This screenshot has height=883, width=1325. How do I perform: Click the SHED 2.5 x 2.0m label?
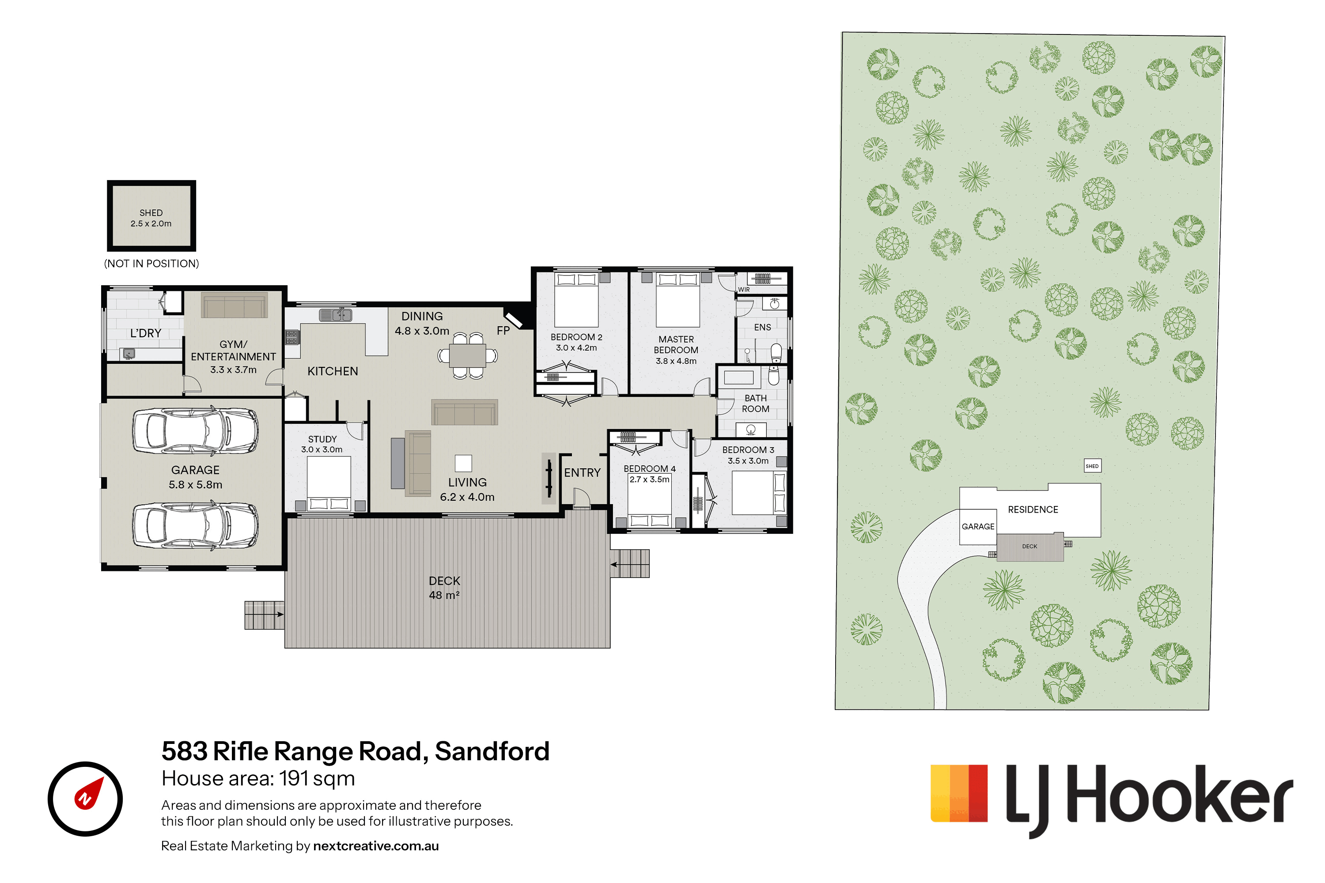tap(151, 218)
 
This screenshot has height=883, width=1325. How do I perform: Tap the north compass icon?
tap(85, 799)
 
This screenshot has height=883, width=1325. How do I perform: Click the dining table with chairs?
tap(468, 355)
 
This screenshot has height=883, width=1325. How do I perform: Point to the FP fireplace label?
tap(503, 331)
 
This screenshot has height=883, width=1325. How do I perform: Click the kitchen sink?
tap(336, 315)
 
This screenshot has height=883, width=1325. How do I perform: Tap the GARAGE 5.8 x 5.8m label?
tap(196, 477)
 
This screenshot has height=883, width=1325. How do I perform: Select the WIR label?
tap(744, 290)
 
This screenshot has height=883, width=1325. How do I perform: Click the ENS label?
tap(762, 327)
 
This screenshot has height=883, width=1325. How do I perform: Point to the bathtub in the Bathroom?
tap(738, 376)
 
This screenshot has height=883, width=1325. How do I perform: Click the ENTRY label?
tap(582, 472)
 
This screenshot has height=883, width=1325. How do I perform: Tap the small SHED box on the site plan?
tap(1092, 466)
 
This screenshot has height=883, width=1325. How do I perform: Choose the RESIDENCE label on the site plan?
tap(1033, 509)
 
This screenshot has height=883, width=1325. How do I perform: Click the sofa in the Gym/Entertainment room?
tap(235, 307)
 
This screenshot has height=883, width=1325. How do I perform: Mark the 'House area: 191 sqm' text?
tap(258, 778)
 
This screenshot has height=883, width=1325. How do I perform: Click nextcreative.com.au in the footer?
tap(376, 846)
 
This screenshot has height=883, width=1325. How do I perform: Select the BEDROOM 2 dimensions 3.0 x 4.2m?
tap(576, 347)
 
